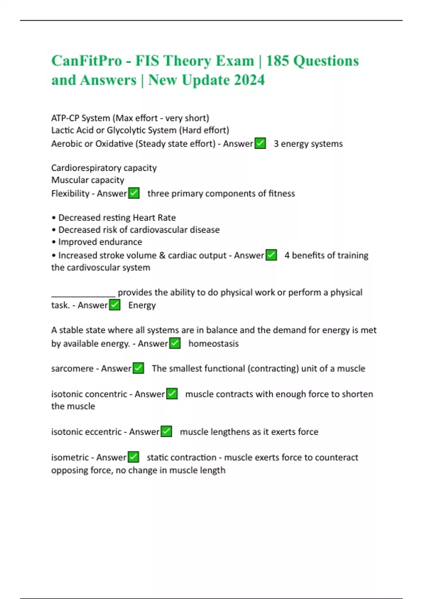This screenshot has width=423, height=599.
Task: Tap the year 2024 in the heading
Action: tap(249, 80)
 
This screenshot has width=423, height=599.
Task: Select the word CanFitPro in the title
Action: tap(87, 61)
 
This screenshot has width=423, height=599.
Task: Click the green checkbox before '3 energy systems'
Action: tap(260, 143)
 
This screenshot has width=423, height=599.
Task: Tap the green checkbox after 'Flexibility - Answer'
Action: tap(134, 193)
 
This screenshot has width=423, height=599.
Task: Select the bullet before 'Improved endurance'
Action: tap(54, 242)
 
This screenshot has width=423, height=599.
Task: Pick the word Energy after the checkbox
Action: tap(142, 305)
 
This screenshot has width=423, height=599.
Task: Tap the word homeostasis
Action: tap(213, 344)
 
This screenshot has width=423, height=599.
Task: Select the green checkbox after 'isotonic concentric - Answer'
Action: tap(172, 394)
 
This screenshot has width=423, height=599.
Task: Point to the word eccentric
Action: tap(105, 432)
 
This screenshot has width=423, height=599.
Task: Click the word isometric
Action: tap(70, 457)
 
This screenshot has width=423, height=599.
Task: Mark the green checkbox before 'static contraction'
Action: tap(133, 457)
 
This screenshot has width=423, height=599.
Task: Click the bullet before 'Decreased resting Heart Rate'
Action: tap(54, 218)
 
